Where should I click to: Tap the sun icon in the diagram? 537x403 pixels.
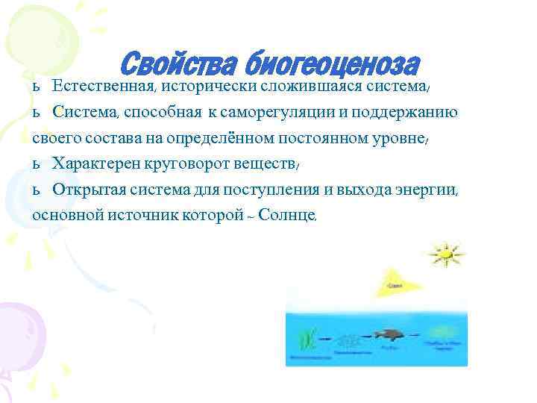click(445, 254)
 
